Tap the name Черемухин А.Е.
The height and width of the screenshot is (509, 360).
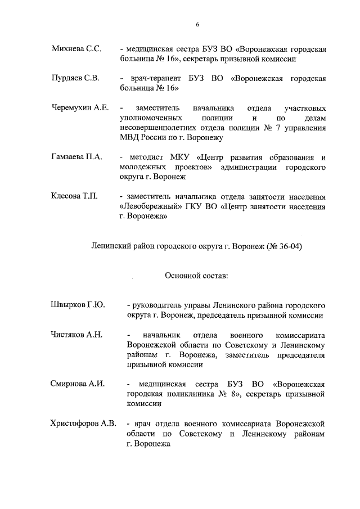click(80, 107)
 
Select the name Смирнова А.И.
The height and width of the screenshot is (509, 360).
click(78, 384)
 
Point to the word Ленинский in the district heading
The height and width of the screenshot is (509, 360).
click(110, 246)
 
